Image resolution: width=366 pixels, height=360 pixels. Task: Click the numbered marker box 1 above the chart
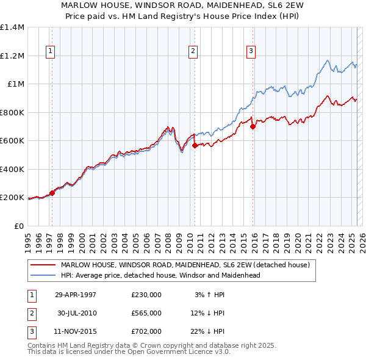(x=49, y=52)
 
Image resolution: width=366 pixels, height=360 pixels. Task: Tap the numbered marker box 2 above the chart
(x=193, y=52)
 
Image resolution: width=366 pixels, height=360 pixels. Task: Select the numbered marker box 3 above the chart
(x=250, y=52)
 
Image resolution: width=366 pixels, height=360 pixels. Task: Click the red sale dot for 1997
(x=52, y=193)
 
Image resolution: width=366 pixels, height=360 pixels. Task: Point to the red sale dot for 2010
(x=195, y=146)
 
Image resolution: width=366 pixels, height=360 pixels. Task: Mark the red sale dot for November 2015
(x=253, y=126)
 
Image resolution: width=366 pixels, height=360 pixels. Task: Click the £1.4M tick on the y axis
(x=12, y=27)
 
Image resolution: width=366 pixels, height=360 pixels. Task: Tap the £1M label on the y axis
(x=16, y=84)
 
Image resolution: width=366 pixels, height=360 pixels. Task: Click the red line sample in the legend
(x=43, y=265)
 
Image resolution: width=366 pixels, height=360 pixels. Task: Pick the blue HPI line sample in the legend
(x=43, y=275)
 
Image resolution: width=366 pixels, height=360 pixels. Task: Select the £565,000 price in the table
(x=146, y=313)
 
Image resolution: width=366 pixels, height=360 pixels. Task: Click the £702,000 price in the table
(x=146, y=331)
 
